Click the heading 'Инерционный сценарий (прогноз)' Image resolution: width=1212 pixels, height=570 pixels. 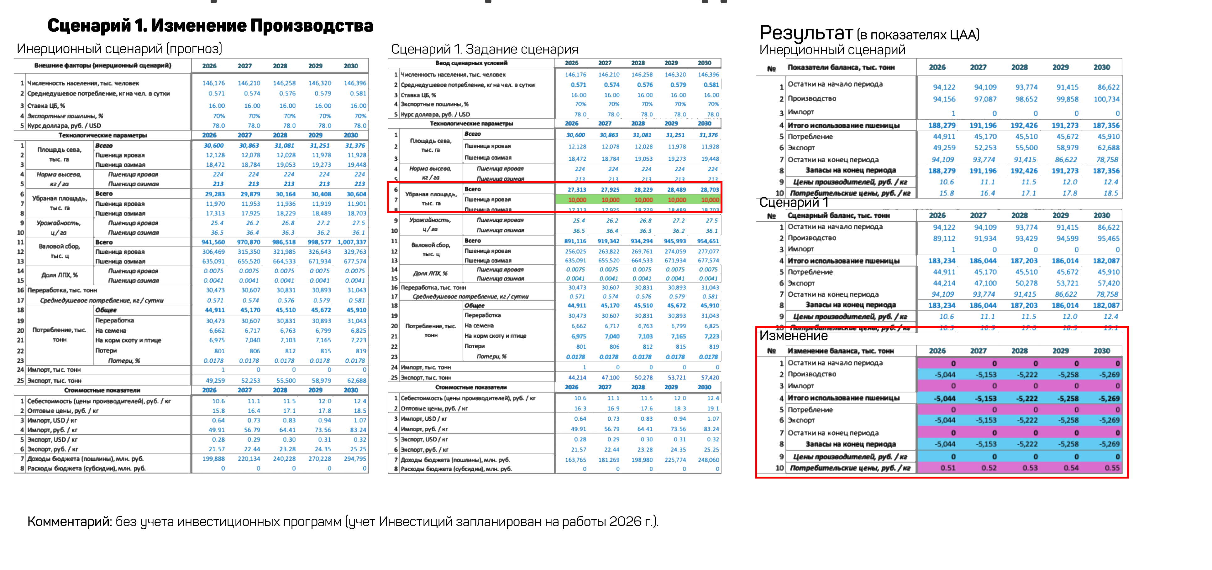(x=119, y=49)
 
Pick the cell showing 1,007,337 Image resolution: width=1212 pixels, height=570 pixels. (x=351, y=242)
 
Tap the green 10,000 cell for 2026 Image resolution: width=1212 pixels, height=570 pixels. (x=577, y=200)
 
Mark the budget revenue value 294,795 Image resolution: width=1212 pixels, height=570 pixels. (x=355, y=459)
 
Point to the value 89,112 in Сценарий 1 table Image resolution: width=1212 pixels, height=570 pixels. (x=944, y=238)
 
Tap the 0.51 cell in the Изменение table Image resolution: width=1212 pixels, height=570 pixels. (x=947, y=468)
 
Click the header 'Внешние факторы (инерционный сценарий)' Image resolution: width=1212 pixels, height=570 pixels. (x=102, y=65)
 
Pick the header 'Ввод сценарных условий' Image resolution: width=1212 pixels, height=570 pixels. (x=471, y=63)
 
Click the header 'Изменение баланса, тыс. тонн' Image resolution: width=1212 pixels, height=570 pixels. (x=840, y=351)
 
